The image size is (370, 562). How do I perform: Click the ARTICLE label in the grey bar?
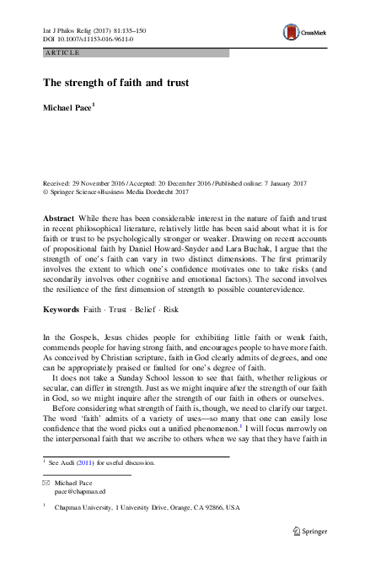[63, 53]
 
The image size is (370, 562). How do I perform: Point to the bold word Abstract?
[58, 217]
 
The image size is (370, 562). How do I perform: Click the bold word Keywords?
[62, 310]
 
